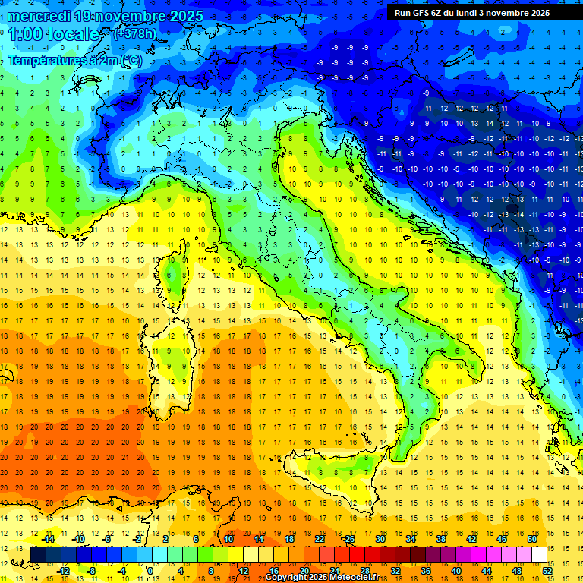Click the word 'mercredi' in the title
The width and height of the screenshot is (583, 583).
click(x=42, y=16)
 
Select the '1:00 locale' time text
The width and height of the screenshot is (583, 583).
click(x=55, y=35)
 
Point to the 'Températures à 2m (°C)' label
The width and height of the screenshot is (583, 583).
click(x=74, y=60)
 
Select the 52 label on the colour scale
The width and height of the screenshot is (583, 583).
click(x=547, y=571)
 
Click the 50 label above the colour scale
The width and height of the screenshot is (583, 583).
click(x=531, y=539)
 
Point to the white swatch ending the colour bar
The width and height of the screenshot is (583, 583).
click(x=539, y=555)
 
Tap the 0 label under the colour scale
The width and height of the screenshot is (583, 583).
click(x=151, y=571)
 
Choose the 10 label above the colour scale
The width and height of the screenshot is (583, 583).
click(x=228, y=539)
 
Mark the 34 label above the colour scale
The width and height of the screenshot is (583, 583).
click(x=411, y=539)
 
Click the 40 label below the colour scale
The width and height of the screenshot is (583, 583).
click(x=455, y=571)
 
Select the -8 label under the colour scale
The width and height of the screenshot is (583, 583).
click(x=91, y=571)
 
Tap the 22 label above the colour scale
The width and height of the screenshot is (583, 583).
click(x=320, y=539)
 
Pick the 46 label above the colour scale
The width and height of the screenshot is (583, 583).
click(x=502, y=539)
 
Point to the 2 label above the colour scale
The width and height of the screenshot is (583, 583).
click(x=165, y=539)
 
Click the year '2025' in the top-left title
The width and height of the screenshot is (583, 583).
click(x=186, y=16)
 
